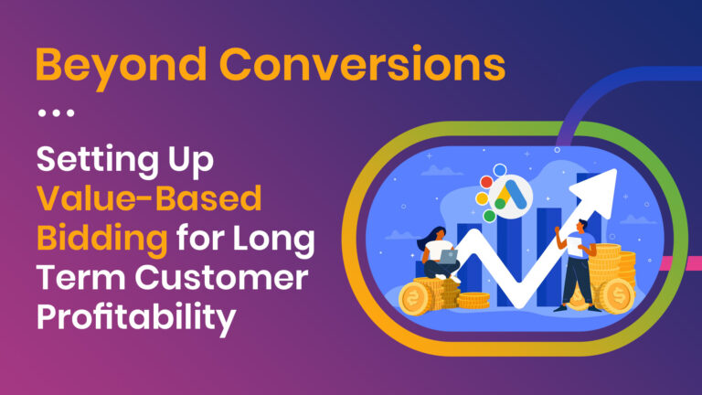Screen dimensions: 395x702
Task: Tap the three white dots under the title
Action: (x=56, y=114)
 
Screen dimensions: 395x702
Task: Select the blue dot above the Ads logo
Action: (x=499, y=171)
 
